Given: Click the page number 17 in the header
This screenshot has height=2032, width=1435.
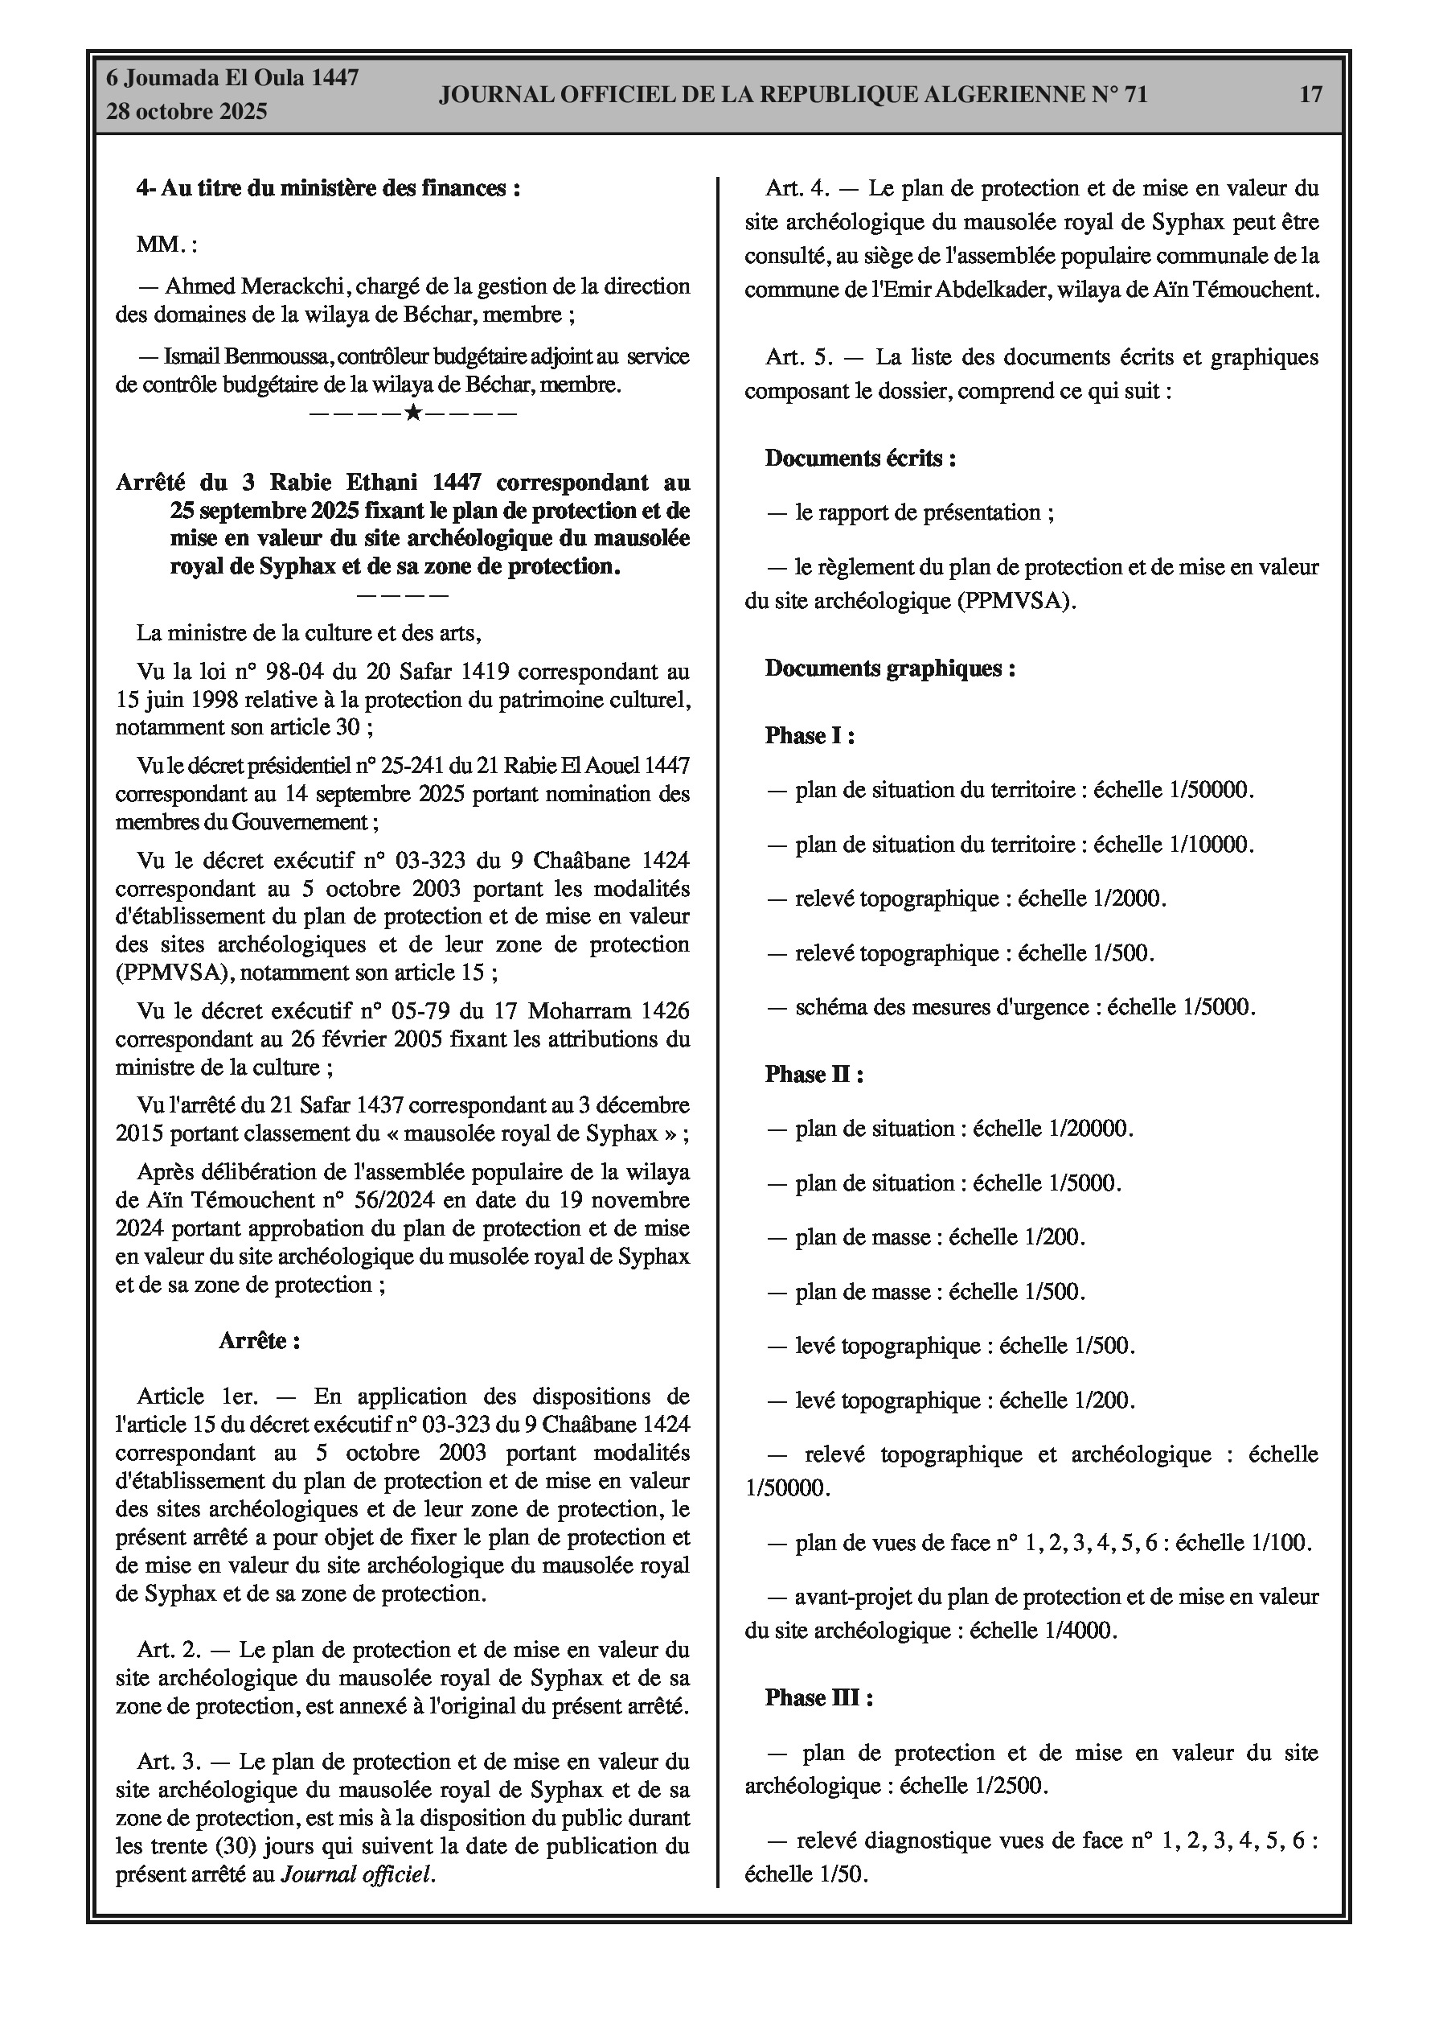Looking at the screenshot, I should [x=1310, y=94].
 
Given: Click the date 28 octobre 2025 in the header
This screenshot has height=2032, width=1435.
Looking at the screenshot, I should [x=187, y=112].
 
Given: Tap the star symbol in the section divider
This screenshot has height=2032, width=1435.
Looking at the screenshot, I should [x=412, y=413].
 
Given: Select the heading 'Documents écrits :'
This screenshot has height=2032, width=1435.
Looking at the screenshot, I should [x=860, y=458].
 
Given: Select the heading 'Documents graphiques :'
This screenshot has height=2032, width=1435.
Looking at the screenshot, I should [x=890, y=668].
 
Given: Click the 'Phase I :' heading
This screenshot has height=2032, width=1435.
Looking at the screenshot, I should [x=810, y=735].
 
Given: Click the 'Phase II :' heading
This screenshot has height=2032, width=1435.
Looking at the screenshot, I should [x=814, y=1075].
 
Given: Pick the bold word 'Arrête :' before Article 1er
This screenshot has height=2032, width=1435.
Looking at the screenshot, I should [x=259, y=1341].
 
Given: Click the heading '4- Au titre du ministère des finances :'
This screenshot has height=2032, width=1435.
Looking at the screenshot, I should [x=328, y=187].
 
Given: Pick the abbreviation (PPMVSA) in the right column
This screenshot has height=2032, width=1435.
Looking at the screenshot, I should [x=1014, y=601].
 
